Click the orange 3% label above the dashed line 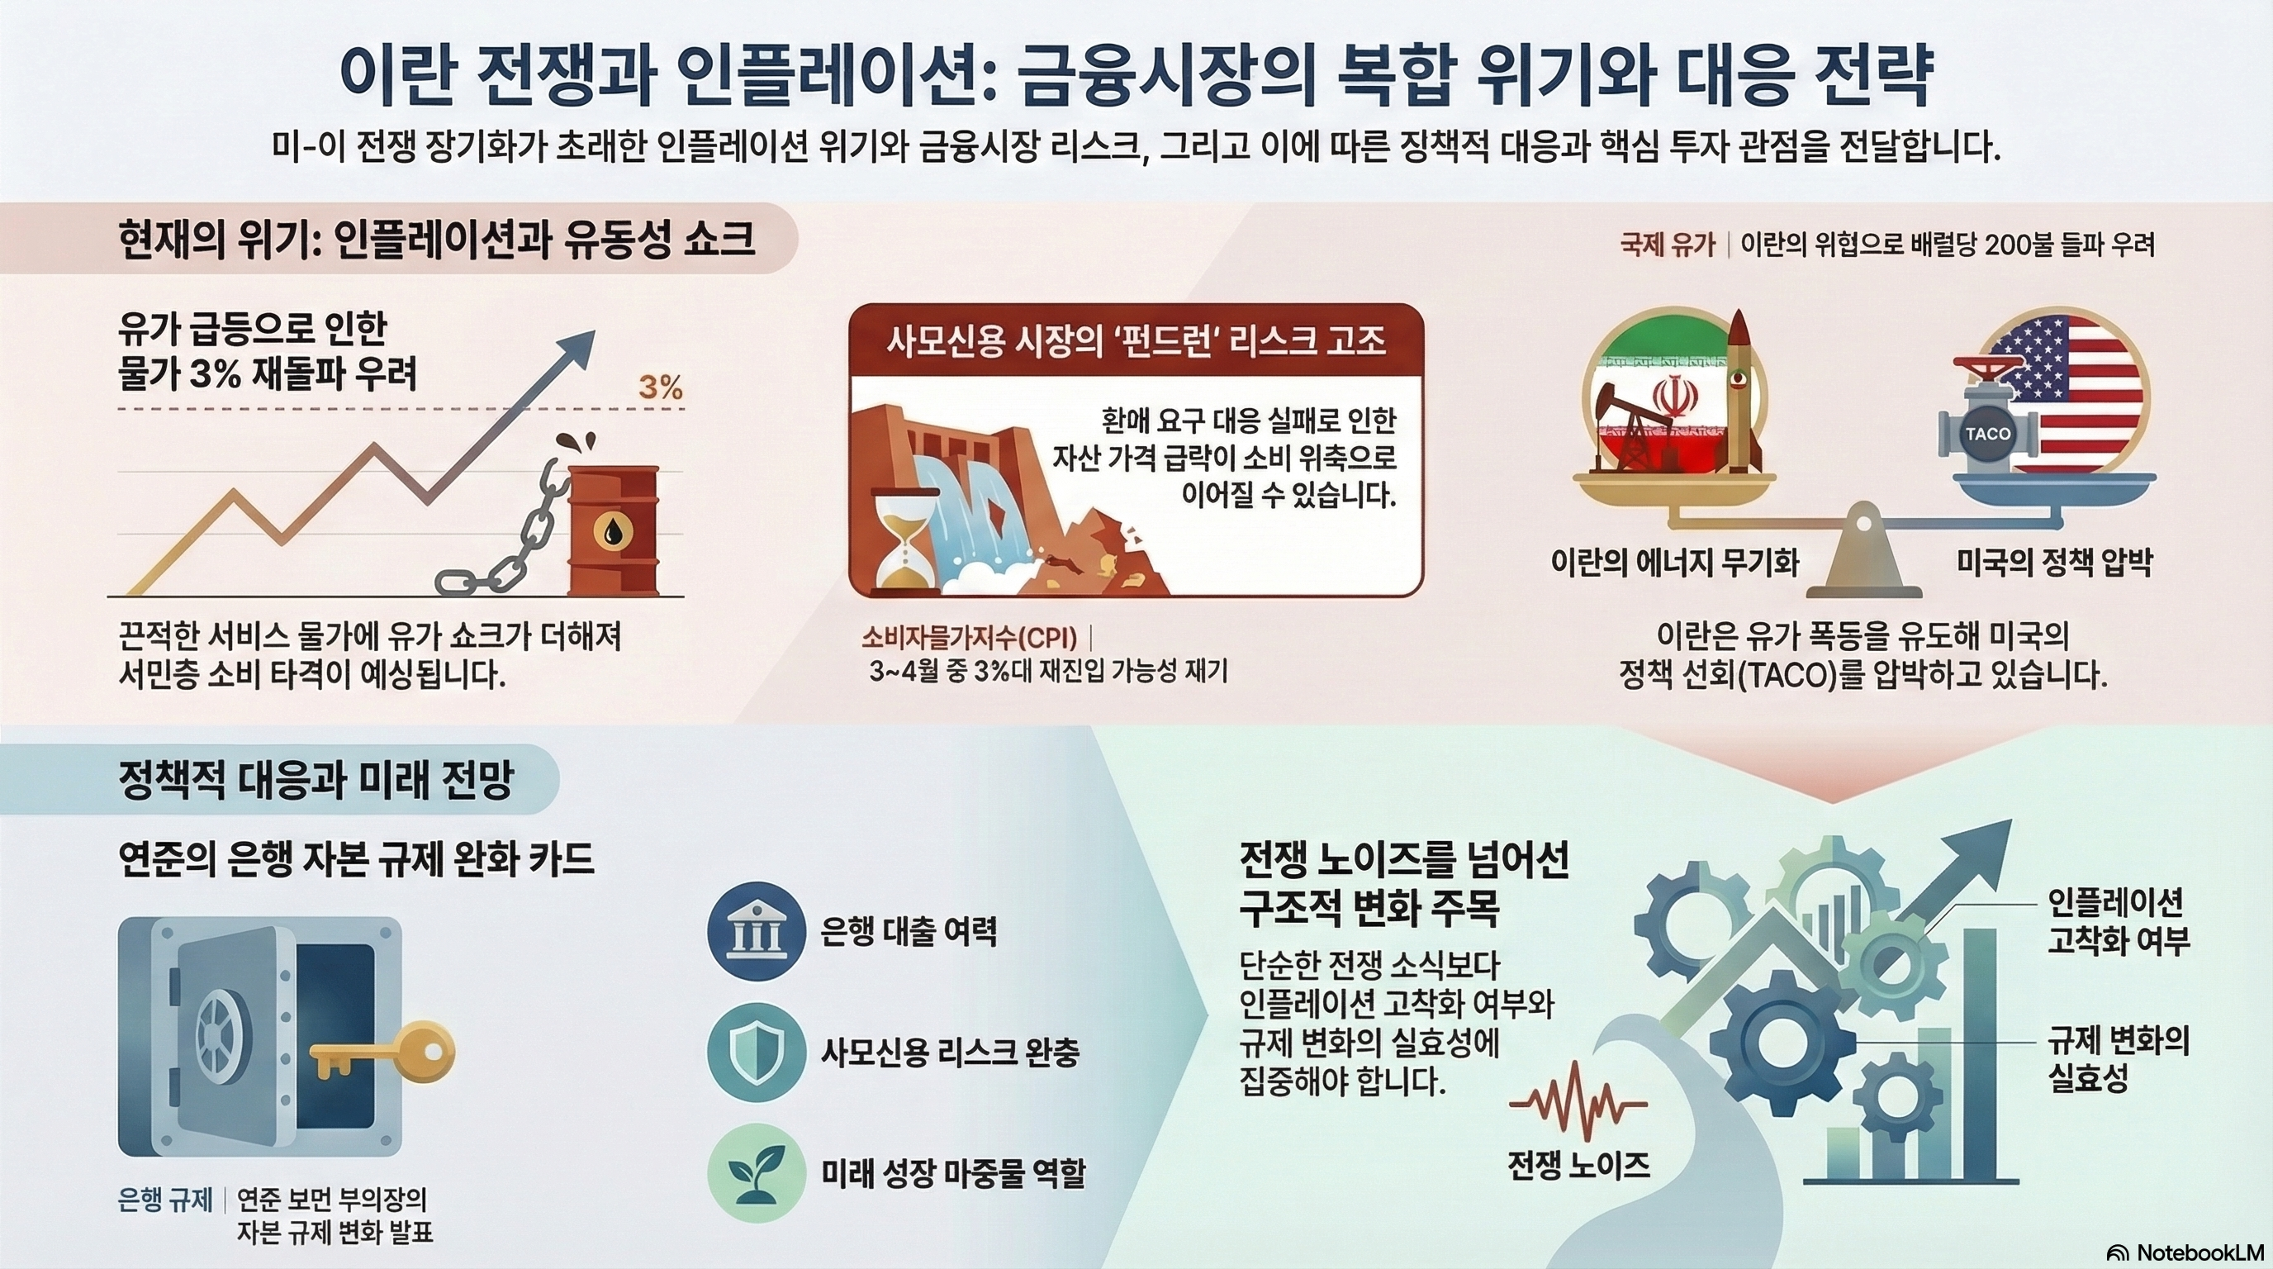[660, 387]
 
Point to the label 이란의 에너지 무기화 [1675, 563]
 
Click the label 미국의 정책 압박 [2054, 563]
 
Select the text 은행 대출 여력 [909, 932]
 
